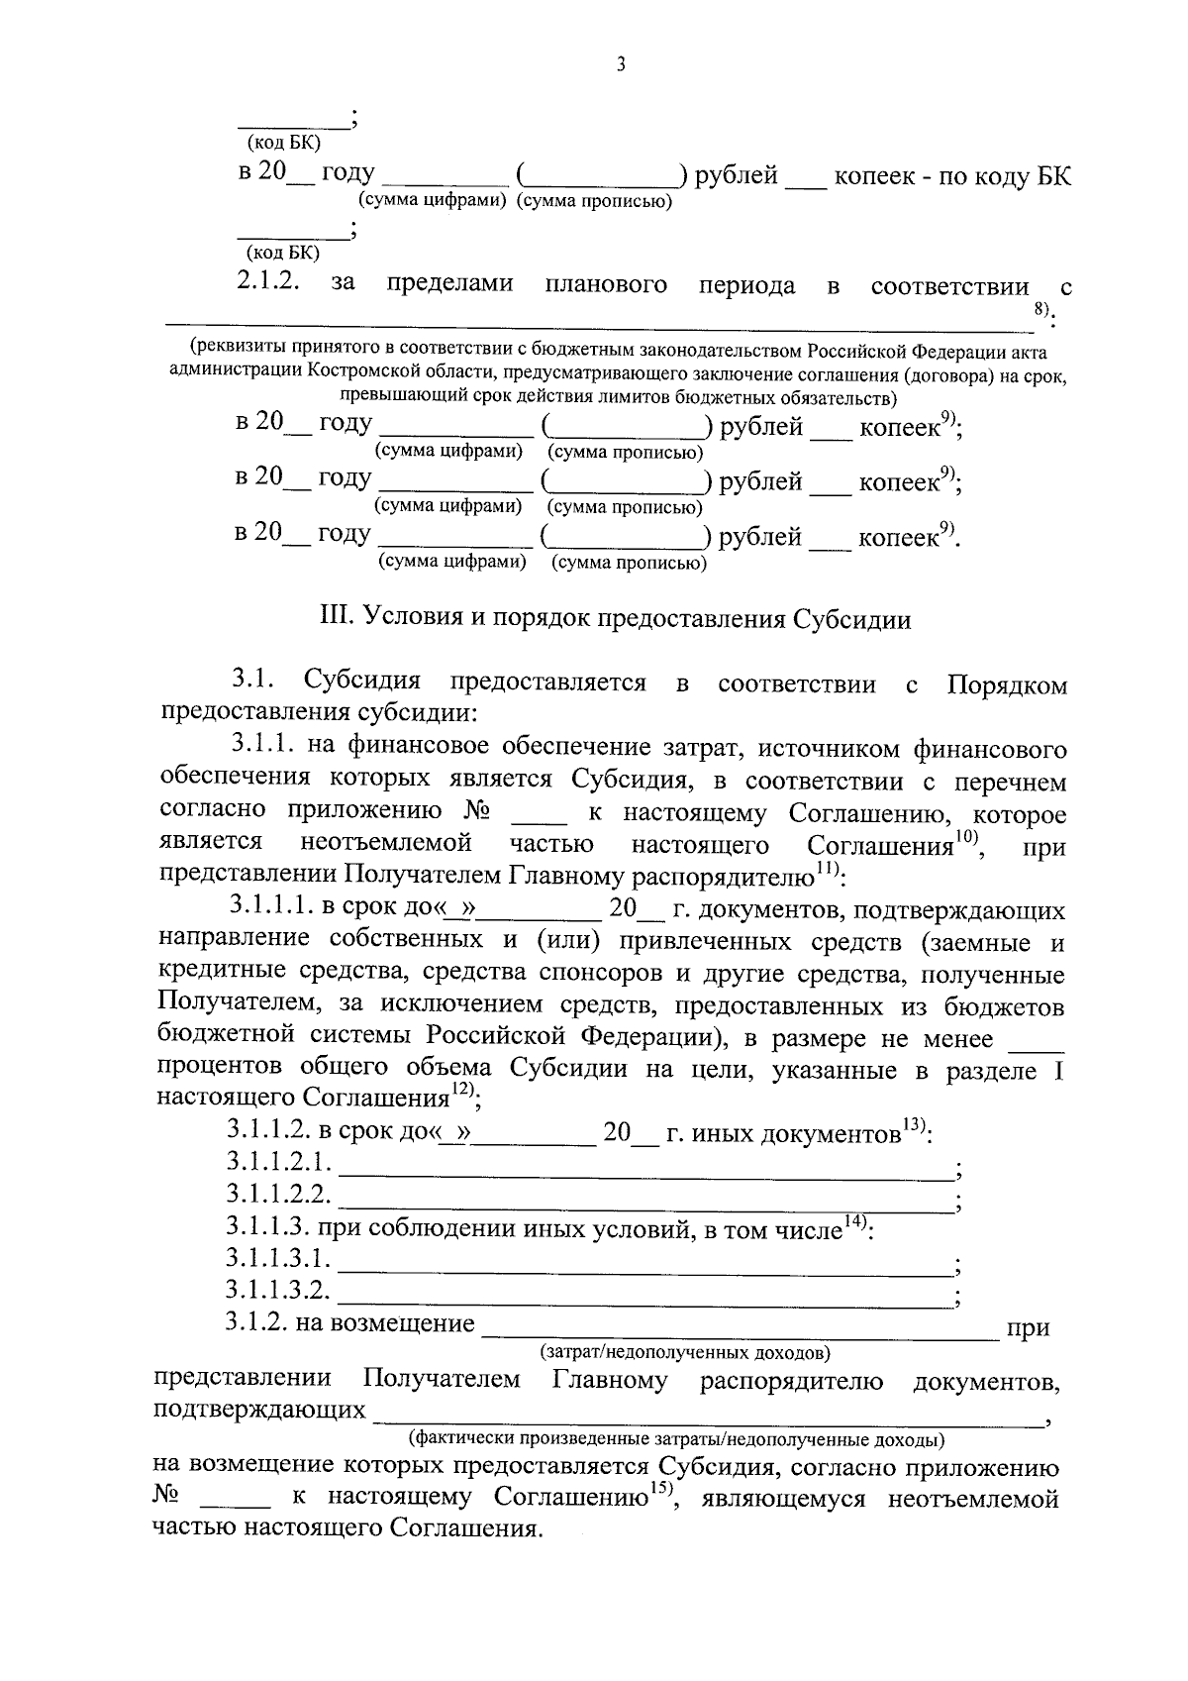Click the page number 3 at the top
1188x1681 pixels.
620,65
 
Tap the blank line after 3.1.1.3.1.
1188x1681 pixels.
643,1272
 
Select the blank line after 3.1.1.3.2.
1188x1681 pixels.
643,1304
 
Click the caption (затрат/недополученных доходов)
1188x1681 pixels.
685,1351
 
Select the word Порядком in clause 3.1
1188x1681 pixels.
1007,684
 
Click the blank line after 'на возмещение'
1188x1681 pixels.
739,1336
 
